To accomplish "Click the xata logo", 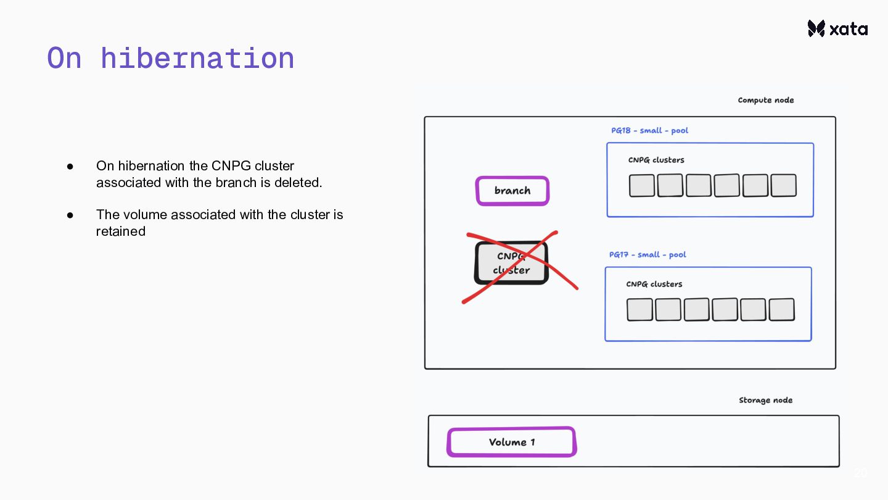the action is [x=837, y=28].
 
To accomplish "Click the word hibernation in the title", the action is [x=197, y=58].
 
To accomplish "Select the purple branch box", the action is [x=512, y=191].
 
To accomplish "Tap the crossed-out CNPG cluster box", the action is [x=511, y=264].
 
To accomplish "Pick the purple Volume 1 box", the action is [x=511, y=442].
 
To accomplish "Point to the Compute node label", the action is [x=765, y=100].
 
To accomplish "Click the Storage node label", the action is [x=765, y=400].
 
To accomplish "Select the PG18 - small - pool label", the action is [x=649, y=130].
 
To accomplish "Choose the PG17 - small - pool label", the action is [x=647, y=254].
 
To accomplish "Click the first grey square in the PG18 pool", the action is [x=642, y=186].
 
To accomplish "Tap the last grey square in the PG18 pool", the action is [x=783, y=186].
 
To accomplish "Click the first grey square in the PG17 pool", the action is [x=639, y=310].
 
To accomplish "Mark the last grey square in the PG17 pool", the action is [x=781, y=310].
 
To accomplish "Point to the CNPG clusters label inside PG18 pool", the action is [x=656, y=160].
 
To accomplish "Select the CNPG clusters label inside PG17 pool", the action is [x=654, y=284].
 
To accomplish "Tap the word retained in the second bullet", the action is [x=121, y=231].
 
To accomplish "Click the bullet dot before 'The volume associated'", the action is [x=70, y=215].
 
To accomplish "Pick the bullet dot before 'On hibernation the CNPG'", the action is [x=70, y=166].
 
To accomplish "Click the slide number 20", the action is [x=860, y=473].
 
